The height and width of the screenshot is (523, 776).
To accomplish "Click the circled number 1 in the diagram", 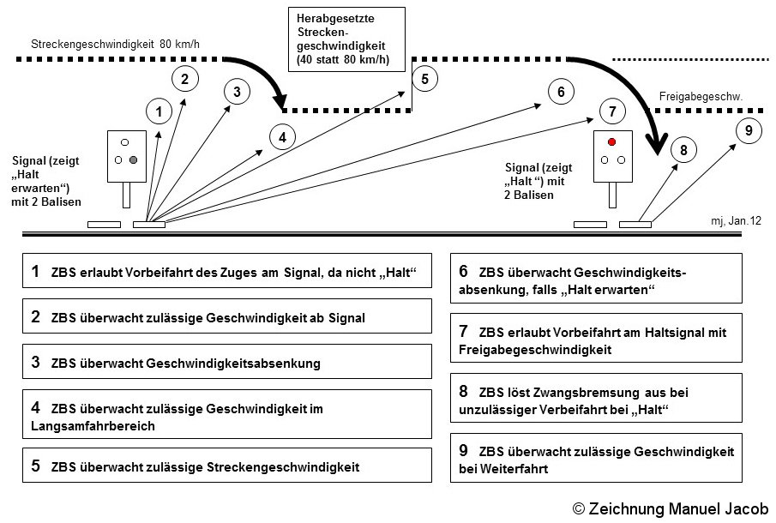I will pos(159,111).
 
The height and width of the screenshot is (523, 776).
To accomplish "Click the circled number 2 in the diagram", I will pos(184,79).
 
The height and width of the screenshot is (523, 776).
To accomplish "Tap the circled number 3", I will pos(237,91).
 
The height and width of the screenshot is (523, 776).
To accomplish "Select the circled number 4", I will pos(282,136).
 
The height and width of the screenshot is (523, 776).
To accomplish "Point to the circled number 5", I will pos(424,79).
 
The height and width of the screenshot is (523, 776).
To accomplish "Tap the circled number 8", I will pos(683,150).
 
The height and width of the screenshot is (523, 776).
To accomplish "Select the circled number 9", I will pos(749,130).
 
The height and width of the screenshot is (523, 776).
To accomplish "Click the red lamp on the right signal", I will pos(611,141).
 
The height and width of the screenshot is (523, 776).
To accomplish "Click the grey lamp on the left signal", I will pos(133,159).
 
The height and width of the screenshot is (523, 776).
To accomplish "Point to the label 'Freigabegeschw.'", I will pos(700,98).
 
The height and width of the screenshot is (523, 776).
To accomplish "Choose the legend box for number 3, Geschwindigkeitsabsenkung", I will pos(227,362).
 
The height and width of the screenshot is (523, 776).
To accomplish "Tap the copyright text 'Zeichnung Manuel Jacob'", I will pos(671,508).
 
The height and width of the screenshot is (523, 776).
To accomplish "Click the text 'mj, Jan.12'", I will pos(736,221).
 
